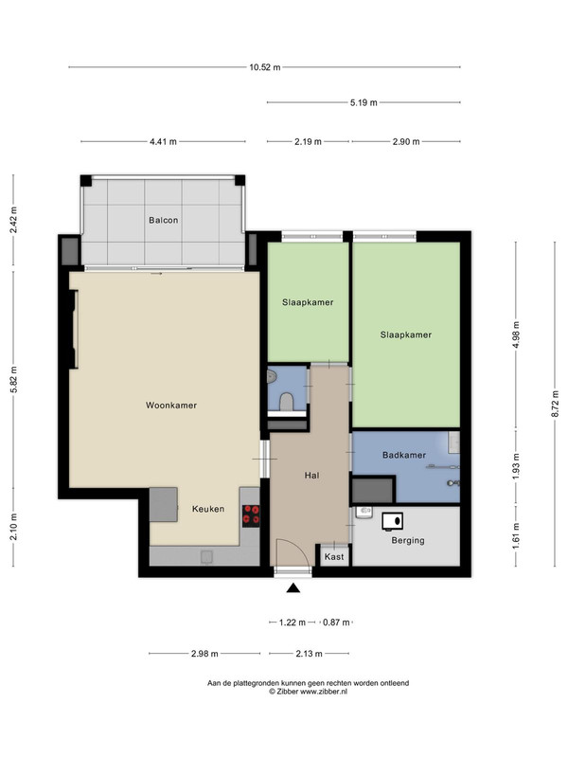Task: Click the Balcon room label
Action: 163,221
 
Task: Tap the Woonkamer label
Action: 171,406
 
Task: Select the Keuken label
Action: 208,509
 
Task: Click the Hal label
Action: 311,476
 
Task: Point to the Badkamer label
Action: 404,455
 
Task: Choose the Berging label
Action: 408,540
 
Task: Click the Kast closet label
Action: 334,557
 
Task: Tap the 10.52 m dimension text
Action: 265,67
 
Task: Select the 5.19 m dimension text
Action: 364,102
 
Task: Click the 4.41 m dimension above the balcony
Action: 163,141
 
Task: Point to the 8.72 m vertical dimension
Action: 556,404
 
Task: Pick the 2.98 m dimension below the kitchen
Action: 204,654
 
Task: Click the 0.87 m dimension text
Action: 336,623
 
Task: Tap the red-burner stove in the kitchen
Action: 251,515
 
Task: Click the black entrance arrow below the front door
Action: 293,588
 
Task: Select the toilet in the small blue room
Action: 287,401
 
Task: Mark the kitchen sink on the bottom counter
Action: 207,557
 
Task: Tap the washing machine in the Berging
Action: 392,521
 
